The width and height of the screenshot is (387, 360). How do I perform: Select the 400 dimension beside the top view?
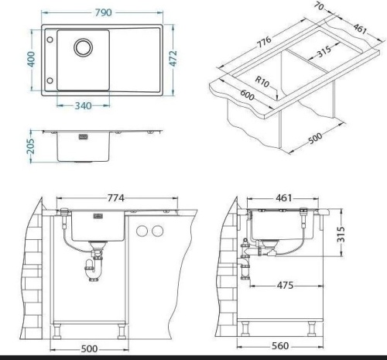(29, 59)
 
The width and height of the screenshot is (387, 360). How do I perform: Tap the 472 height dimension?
(176, 59)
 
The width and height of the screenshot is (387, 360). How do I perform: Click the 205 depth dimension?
(31, 146)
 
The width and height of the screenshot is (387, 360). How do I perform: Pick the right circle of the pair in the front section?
(157, 231)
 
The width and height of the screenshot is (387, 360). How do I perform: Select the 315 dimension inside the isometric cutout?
(313, 53)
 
